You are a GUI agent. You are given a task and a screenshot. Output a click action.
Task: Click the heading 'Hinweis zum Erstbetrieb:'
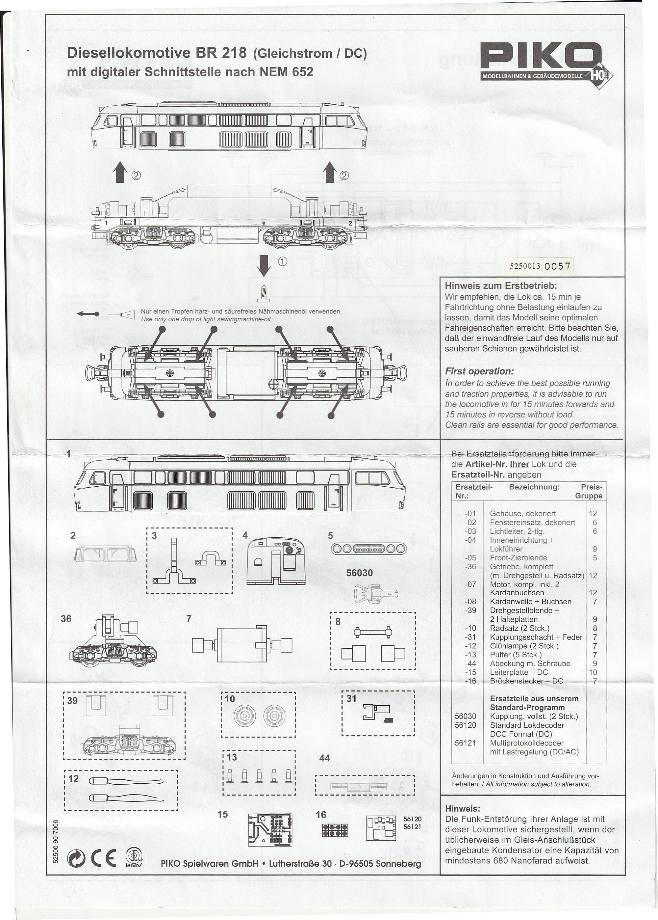click(x=501, y=286)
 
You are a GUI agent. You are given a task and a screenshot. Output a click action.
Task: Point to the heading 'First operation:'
click(x=479, y=371)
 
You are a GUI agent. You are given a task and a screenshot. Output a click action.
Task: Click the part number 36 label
click(x=66, y=618)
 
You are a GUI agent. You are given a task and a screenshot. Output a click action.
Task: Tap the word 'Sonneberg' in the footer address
click(x=398, y=863)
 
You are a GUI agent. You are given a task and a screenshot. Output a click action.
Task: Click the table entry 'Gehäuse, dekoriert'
click(x=523, y=514)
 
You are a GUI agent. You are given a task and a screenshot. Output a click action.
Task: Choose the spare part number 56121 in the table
click(x=465, y=743)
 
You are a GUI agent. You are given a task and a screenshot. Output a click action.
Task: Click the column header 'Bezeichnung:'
click(x=534, y=487)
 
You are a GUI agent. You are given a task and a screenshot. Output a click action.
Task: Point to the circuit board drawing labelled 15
click(x=270, y=829)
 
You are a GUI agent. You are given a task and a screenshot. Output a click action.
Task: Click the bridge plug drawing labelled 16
click(x=335, y=830)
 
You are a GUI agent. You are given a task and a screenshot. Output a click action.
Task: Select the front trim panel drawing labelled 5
click(x=368, y=549)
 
